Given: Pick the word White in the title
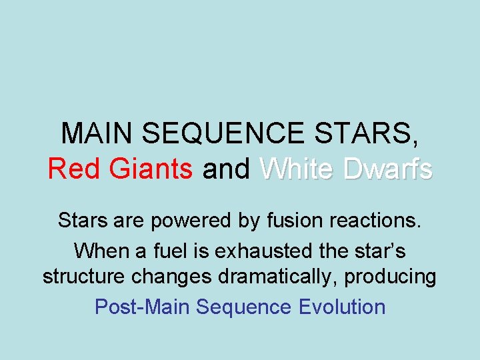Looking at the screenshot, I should click(297, 169).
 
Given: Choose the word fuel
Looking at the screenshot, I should click(166, 251).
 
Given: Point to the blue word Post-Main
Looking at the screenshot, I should click(142, 307).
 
